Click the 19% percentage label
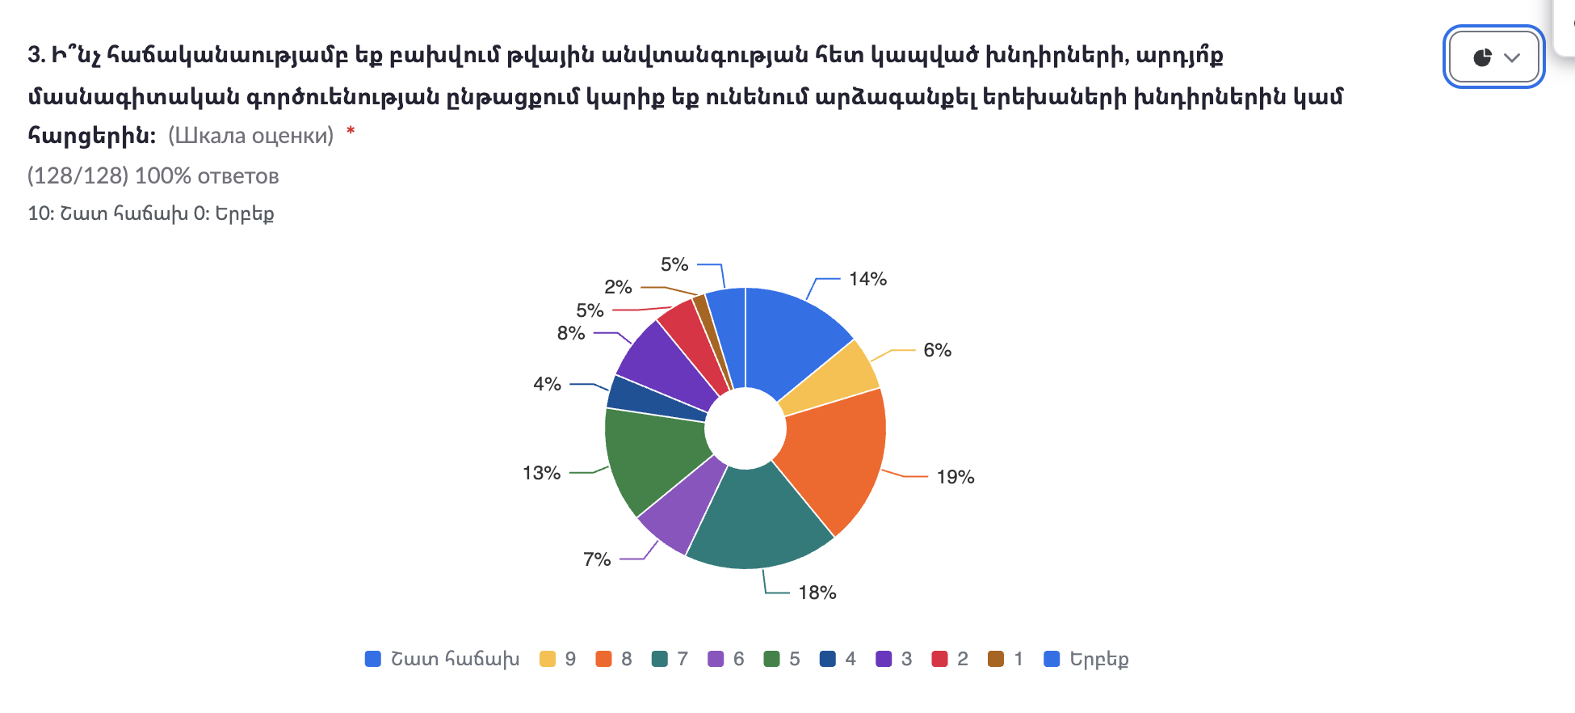(x=955, y=477)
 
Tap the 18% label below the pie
(x=817, y=593)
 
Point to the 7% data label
(x=597, y=559)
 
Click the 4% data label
(x=547, y=384)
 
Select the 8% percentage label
(x=570, y=333)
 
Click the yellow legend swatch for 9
(x=548, y=659)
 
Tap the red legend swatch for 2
(x=939, y=659)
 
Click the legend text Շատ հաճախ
(x=455, y=659)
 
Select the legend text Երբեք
(x=1098, y=659)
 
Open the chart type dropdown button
(x=1493, y=57)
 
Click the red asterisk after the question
(x=351, y=131)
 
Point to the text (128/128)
(x=78, y=176)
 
